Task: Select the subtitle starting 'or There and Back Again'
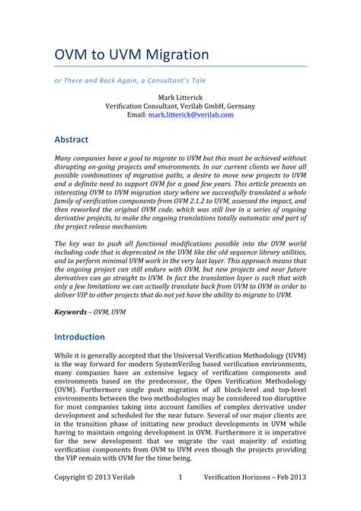pos(129,79)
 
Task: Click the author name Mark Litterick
pos(180,97)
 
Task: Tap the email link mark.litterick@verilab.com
pos(190,114)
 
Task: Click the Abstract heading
pos(72,140)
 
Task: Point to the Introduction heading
pos(80,336)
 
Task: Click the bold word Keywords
pos(70,312)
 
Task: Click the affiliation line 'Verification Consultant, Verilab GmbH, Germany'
pos(180,106)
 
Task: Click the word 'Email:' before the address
pos(136,114)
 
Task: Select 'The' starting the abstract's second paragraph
pos(61,243)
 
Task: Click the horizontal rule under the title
pos(180,66)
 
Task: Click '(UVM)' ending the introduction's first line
pos(294,355)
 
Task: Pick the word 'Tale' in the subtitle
pos(196,79)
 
